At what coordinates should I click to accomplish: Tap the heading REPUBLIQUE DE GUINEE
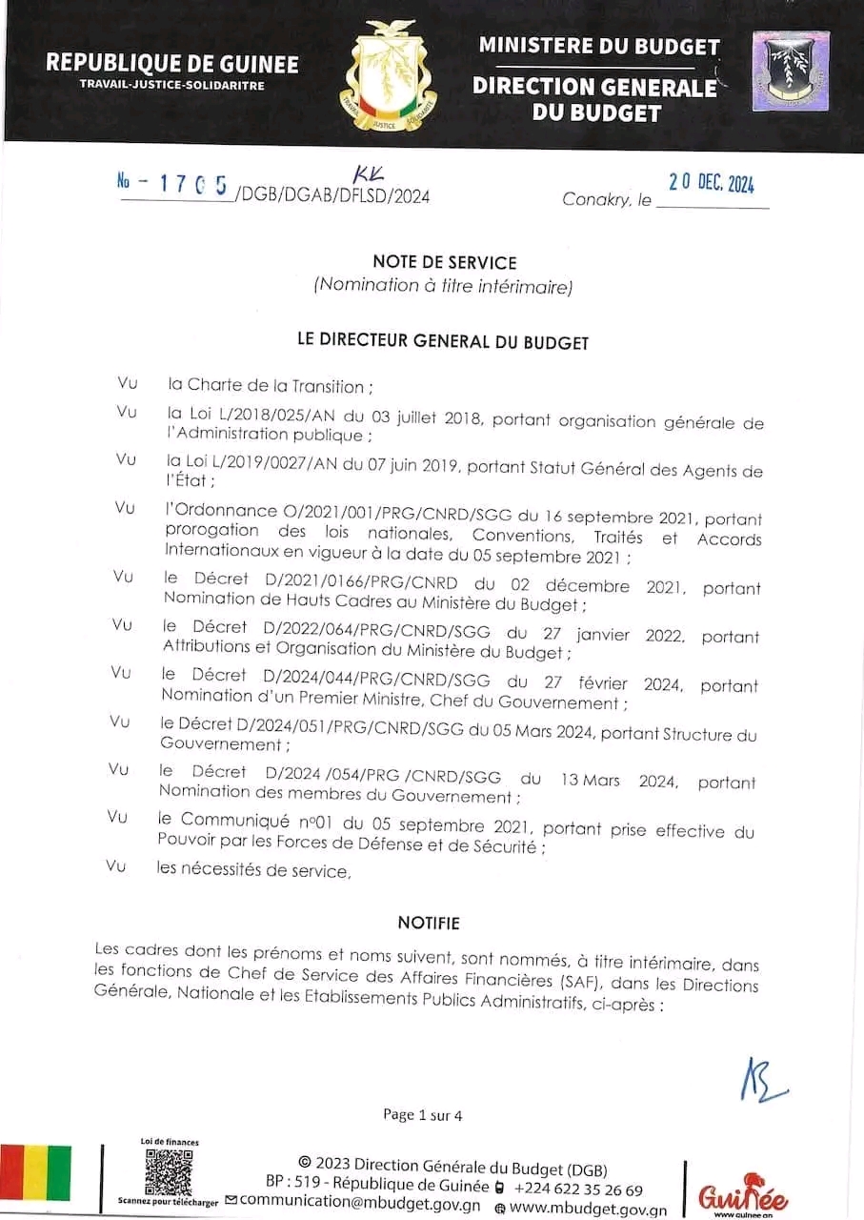(172, 64)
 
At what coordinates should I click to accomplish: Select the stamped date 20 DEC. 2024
(712, 183)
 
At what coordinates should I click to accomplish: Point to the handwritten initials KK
(367, 174)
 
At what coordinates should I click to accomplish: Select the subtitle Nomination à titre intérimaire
(444, 285)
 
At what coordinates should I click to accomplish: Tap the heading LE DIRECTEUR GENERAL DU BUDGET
(444, 341)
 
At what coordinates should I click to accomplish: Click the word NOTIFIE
(429, 923)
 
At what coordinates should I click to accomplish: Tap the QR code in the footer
(168, 1171)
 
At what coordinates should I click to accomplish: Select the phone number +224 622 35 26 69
(578, 1189)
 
